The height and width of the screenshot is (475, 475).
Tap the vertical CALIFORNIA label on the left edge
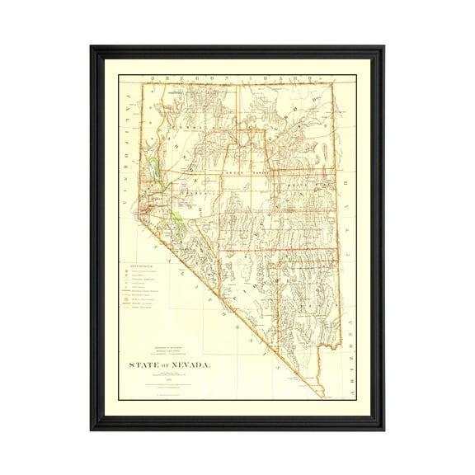point(125,156)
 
